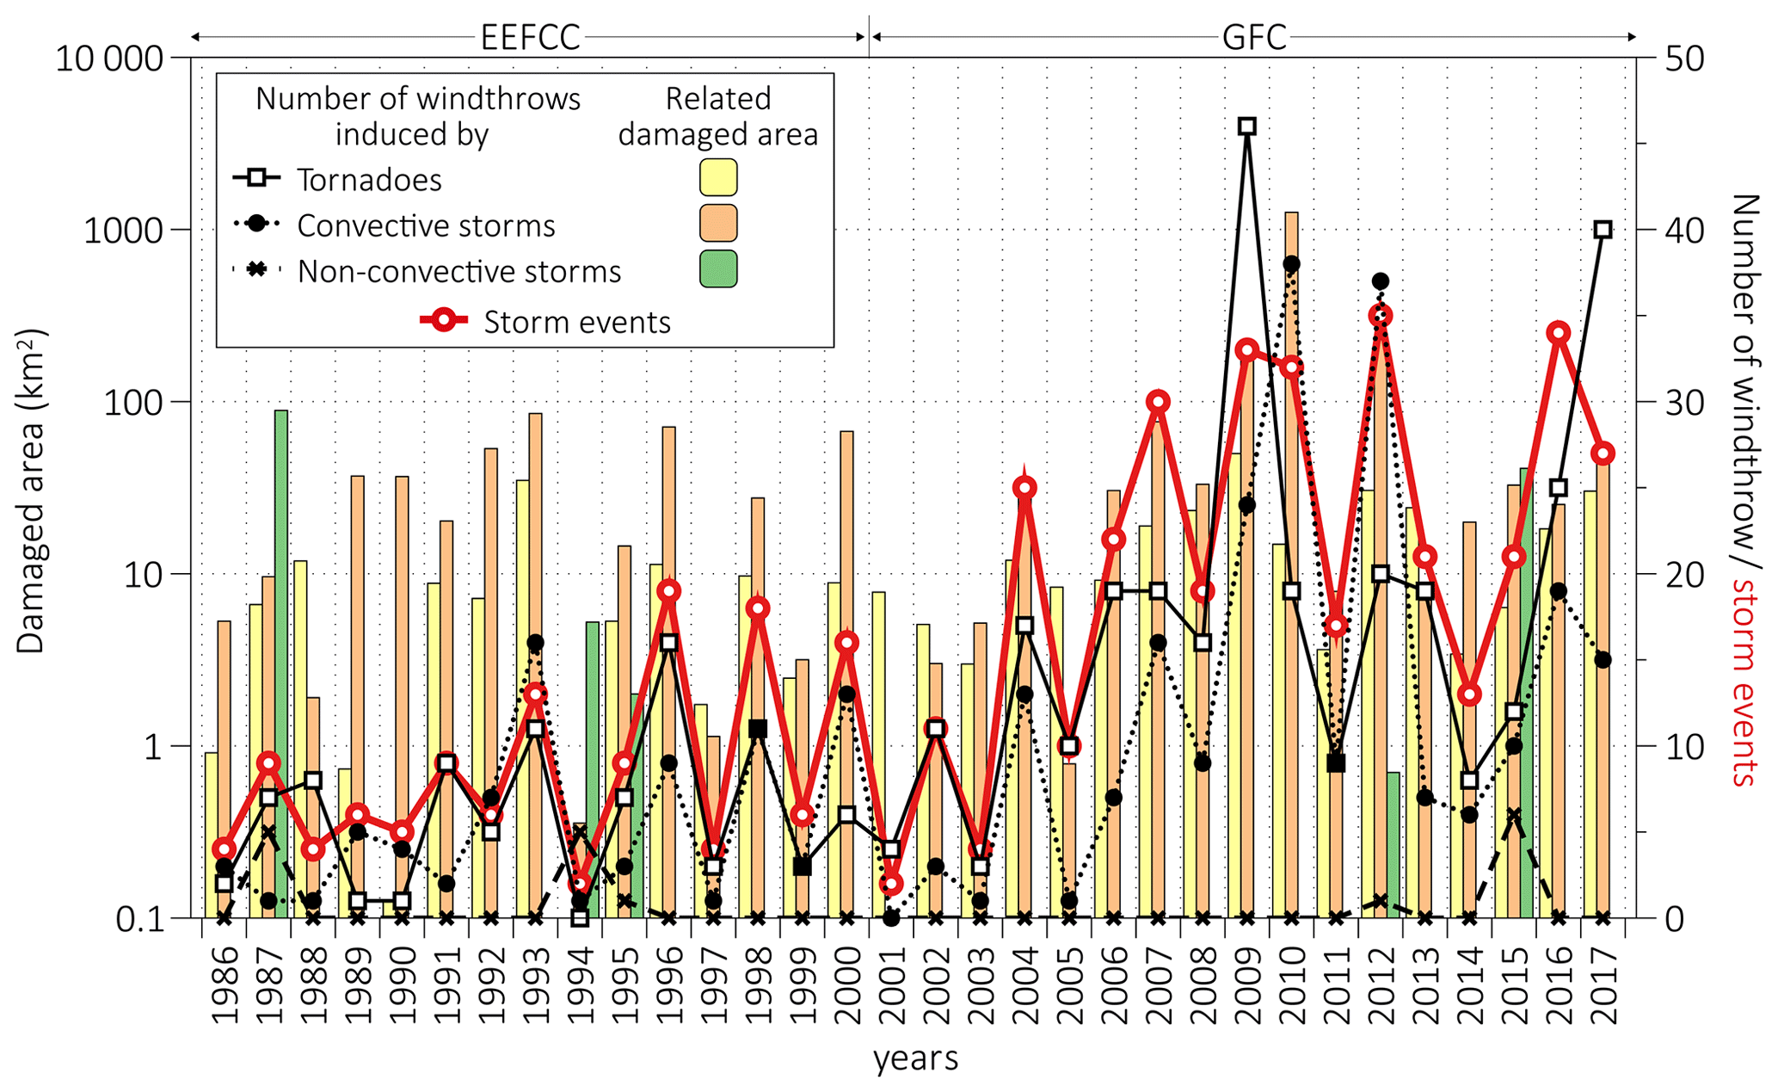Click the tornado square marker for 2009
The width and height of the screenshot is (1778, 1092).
1247,126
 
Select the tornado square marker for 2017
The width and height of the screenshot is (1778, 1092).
1603,230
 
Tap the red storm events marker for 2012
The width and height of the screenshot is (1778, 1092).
1381,316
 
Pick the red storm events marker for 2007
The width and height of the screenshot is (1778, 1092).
1158,402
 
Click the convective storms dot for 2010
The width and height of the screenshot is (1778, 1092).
1291,264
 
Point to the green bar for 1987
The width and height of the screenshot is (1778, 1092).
281,663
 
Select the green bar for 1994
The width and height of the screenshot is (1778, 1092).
593,766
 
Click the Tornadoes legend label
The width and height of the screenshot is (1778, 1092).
369,180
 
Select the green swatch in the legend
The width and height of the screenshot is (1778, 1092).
718,268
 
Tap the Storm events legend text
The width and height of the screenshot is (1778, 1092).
576,322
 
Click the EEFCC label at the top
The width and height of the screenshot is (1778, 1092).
531,38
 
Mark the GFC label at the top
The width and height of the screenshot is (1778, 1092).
1254,38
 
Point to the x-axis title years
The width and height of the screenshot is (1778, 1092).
915,1058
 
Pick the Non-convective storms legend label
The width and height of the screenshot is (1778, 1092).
459,272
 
